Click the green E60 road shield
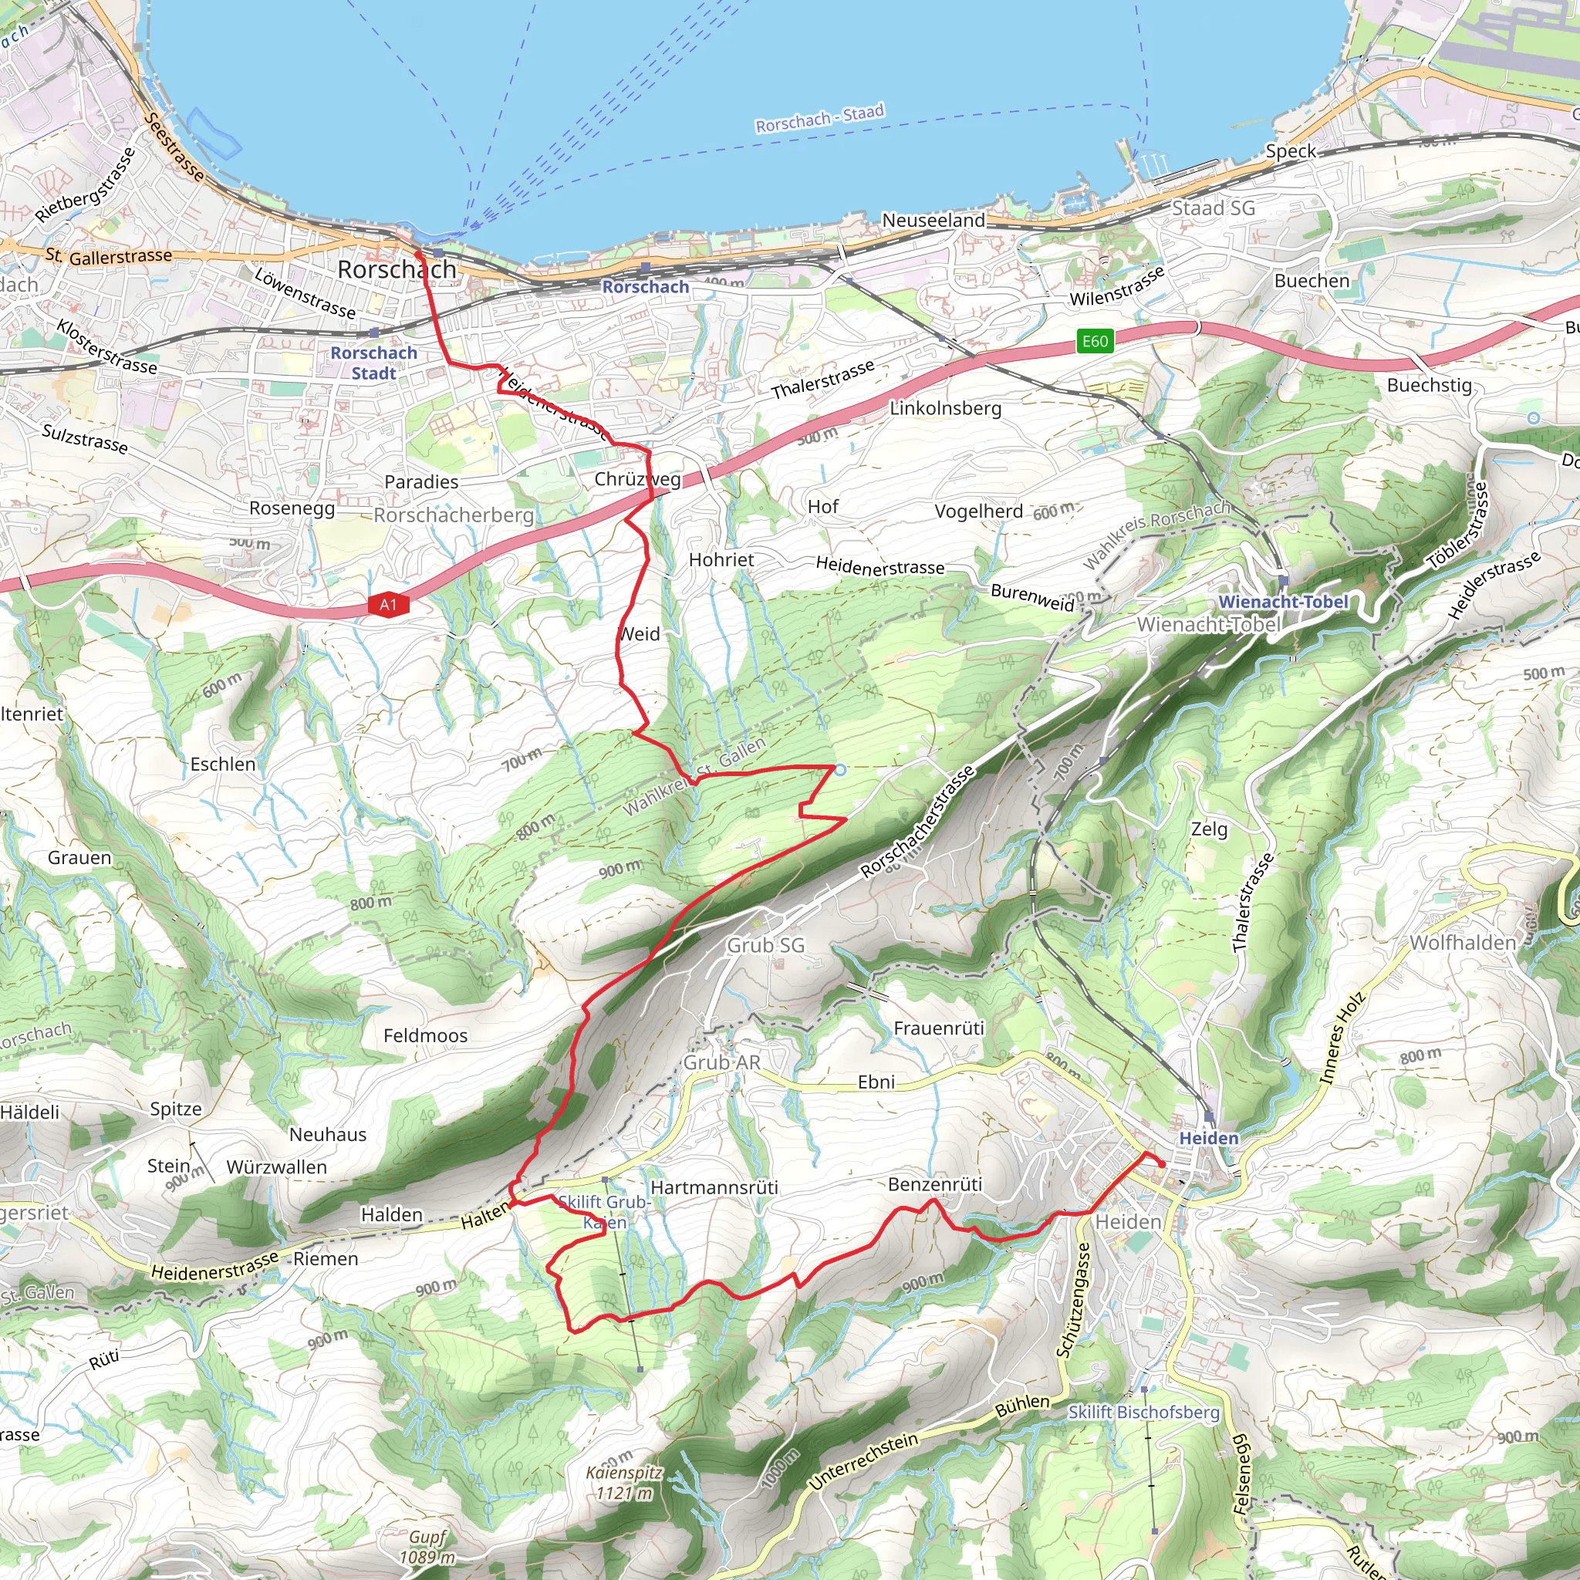[x=1094, y=341]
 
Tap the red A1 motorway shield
[x=387, y=604]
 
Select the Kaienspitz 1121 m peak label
[x=624, y=1483]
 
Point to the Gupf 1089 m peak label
[x=427, y=1548]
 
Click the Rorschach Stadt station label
[x=373, y=363]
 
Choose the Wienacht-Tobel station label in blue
[x=1283, y=601]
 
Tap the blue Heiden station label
[x=1208, y=1138]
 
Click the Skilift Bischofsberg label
[x=1143, y=1412]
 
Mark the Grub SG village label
[x=765, y=944]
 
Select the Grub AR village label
[x=721, y=1062]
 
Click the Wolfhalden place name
[x=1462, y=942]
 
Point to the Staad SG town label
[x=1213, y=208]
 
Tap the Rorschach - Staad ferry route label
[x=819, y=119]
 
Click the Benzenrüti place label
[x=935, y=1183]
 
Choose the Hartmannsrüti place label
[x=714, y=1187]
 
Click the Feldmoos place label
[x=425, y=1035]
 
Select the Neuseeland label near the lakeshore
[x=933, y=220]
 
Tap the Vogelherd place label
[x=978, y=511]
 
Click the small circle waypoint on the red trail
[x=840, y=769]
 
